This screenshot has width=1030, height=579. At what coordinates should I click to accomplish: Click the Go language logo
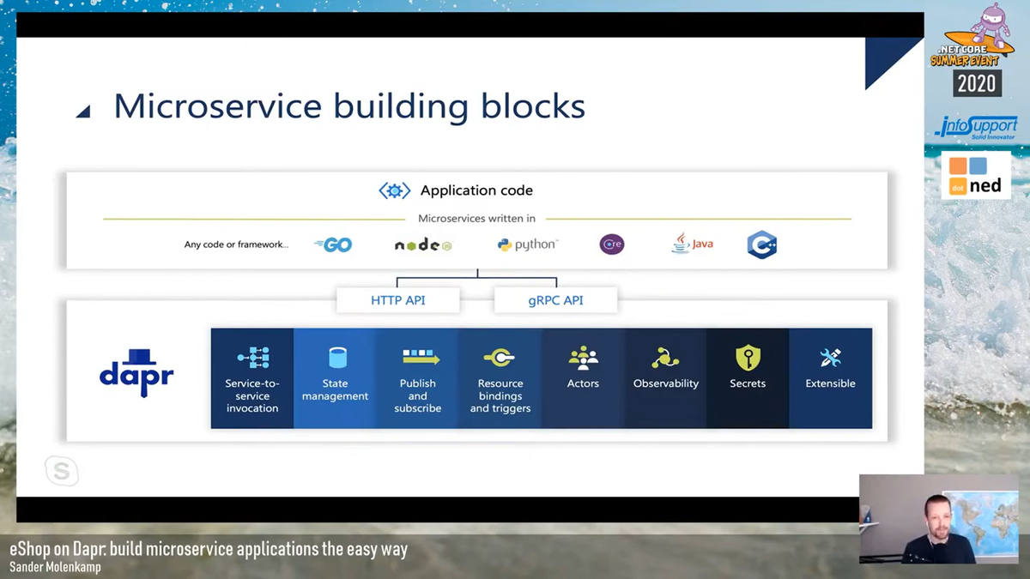tap(334, 244)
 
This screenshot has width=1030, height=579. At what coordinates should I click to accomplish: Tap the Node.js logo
tap(423, 245)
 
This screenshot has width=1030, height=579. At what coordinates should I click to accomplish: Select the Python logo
tap(527, 244)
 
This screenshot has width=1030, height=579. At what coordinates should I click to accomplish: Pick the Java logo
tap(692, 244)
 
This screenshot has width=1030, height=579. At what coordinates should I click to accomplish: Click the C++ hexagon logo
tap(761, 244)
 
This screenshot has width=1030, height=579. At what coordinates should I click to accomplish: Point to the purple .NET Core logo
tap(612, 244)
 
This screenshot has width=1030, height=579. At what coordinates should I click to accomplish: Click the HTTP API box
tap(397, 300)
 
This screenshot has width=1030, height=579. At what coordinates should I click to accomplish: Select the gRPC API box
tap(555, 300)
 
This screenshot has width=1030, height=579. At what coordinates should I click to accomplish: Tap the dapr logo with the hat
tap(136, 372)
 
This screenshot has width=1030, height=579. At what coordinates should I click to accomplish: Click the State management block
tap(335, 378)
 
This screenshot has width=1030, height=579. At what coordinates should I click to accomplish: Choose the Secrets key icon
tap(748, 358)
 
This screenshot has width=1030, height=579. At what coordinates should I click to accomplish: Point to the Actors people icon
tap(583, 357)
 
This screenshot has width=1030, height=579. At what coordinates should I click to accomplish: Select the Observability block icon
tap(665, 357)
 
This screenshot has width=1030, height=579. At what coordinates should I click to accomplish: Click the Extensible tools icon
tap(830, 357)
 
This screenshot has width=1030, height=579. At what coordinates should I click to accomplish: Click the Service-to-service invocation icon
tap(252, 357)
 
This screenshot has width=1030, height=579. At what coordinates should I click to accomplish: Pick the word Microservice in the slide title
tap(218, 106)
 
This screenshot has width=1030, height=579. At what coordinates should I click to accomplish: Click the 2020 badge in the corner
tap(976, 83)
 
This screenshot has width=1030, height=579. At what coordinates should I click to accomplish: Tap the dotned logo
tap(975, 176)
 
